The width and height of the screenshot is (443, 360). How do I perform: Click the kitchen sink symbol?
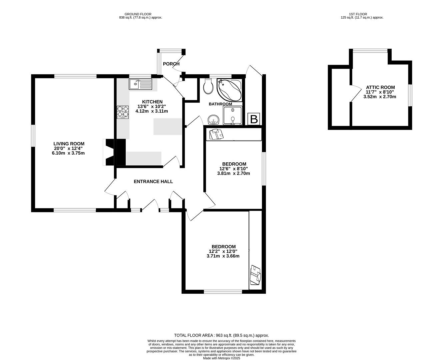point(140,84)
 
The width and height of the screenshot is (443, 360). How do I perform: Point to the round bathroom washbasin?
point(213,119)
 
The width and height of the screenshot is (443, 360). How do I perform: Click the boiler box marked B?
point(254,119)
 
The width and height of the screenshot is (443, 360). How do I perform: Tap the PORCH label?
point(171,64)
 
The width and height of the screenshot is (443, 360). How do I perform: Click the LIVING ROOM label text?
point(69,144)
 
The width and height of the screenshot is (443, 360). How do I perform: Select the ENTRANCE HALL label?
point(153,182)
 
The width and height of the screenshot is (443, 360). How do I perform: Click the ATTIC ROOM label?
point(380,87)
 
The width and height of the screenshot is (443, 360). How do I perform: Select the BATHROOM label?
point(220,104)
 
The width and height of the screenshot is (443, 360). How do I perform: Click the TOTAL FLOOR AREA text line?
point(221,335)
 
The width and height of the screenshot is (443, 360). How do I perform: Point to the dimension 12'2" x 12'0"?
point(223,251)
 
